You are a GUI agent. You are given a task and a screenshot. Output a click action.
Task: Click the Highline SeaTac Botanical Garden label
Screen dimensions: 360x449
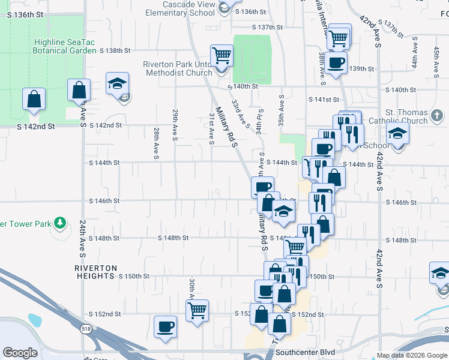(65, 47)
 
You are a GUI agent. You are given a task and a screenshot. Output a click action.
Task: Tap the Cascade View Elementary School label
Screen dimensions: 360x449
(180, 8)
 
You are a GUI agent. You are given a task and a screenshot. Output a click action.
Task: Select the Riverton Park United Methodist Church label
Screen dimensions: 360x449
(177, 68)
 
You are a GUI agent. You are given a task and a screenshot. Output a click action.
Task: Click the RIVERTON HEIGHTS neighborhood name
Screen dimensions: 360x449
(95, 272)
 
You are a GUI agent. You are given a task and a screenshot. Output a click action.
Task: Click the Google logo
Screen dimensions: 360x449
(20, 353)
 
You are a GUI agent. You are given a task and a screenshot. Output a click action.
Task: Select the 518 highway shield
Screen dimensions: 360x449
(86, 329)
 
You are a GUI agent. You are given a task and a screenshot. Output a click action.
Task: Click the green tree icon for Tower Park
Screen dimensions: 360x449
(59, 223)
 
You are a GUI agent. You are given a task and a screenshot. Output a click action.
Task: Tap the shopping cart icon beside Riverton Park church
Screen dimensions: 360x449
(222, 56)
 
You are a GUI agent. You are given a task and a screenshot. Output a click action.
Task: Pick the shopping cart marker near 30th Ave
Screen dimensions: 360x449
(197, 311)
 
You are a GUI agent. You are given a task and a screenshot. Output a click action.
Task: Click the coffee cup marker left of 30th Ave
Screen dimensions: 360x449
(165, 326)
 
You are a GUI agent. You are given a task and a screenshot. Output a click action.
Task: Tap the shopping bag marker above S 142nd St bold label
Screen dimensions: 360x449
(34, 99)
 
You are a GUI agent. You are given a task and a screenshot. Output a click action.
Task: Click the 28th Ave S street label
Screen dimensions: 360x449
(156, 143)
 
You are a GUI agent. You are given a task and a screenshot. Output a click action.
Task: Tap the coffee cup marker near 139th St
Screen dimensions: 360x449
(336, 62)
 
